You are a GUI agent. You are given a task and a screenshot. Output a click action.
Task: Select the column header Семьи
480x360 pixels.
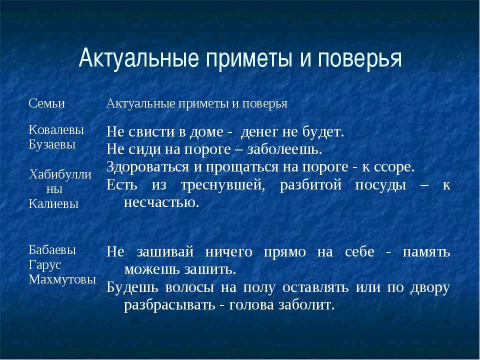47,103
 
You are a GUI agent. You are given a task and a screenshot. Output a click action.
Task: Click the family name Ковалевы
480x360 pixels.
56,130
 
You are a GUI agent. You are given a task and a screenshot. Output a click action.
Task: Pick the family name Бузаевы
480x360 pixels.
52,144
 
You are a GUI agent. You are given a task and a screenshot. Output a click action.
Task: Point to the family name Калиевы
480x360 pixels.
53,203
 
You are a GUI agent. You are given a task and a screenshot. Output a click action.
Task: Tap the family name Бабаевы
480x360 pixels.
52,250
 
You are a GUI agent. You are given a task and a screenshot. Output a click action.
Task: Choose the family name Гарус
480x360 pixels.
45,265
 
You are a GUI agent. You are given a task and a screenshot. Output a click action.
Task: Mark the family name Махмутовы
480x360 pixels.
62,279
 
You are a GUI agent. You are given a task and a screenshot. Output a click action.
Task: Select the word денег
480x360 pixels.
257,133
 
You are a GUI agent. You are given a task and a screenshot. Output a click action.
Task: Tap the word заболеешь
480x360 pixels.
291,150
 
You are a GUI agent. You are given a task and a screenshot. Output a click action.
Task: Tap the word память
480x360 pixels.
427,252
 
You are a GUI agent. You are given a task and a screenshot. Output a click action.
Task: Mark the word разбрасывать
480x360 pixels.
169,305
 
